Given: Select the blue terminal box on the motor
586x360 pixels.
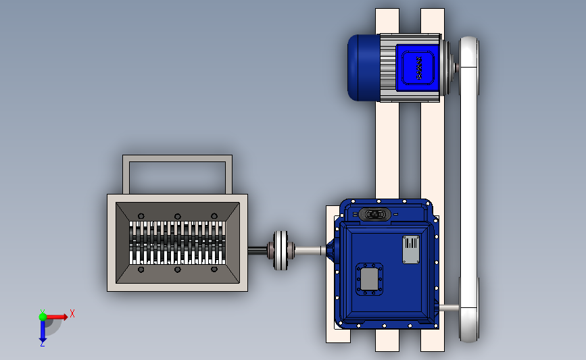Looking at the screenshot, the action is pyautogui.click(x=417, y=68).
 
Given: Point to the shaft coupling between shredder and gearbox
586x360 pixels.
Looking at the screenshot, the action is pyautogui.click(x=280, y=250).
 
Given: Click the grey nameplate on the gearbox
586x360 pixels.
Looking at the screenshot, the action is pyautogui.click(x=411, y=249).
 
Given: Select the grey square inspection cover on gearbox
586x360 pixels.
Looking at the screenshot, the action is pyautogui.click(x=369, y=279).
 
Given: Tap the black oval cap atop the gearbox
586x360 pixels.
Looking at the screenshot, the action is pyautogui.click(x=374, y=214).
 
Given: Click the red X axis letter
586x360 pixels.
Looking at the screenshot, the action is pyautogui.click(x=72, y=313).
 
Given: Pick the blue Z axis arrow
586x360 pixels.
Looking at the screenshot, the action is pyautogui.click(x=43, y=330).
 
